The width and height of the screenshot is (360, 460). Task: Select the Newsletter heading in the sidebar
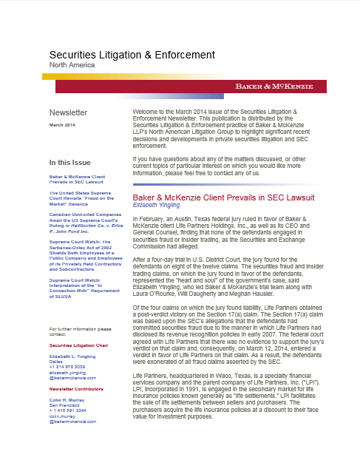coord(68,113)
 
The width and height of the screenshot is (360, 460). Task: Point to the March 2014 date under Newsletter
coord(62,126)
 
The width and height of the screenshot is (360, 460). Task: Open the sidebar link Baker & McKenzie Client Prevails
coord(77,180)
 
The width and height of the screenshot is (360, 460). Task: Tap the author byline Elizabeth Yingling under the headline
coord(157,186)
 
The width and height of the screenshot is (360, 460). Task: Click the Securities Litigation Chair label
coord(78,365)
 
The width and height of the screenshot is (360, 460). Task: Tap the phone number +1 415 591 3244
coord(70,433)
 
